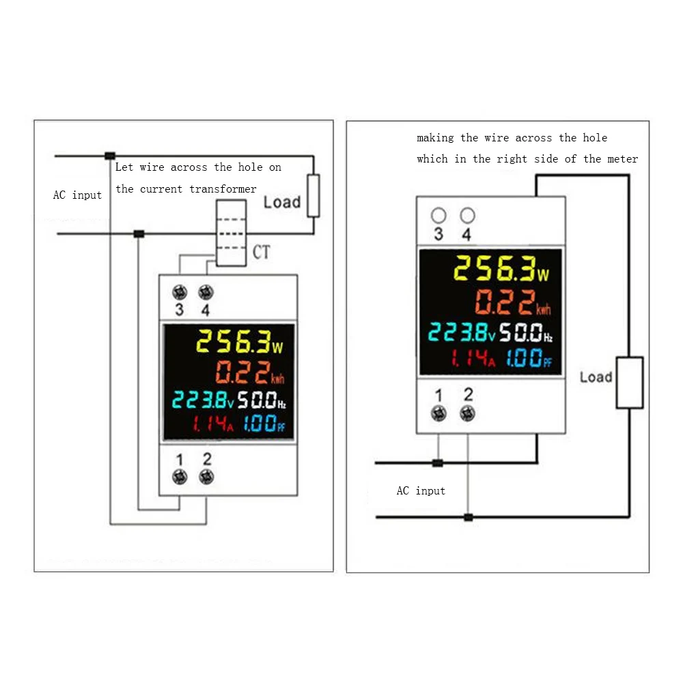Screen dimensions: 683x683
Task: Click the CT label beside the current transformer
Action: (262, 252)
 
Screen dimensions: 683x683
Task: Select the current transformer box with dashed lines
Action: (230, 233)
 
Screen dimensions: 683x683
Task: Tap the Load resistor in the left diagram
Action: (313, 195)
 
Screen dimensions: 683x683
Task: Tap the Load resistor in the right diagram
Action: (629, 382)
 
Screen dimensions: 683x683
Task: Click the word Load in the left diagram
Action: (281, 201)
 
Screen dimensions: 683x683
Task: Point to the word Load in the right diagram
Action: (596, 377)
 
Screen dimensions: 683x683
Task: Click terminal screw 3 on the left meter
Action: (179, 293)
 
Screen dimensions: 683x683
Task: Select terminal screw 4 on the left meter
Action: (204, 293)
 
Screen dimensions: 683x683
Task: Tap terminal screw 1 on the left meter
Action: (180, 477)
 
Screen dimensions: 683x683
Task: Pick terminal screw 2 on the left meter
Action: (205, 477)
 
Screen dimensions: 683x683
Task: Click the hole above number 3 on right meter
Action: (438, 216)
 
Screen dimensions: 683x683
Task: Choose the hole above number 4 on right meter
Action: (467, 216)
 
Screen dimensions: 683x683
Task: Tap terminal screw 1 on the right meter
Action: (438, 412)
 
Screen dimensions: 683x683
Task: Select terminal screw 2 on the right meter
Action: (467, 412)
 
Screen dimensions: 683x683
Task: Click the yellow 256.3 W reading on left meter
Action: (239, 341)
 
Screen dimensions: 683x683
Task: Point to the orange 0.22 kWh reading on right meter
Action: (512, 301)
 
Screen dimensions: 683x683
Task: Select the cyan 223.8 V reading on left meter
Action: (202, 399)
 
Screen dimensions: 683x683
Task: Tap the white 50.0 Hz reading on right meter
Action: (525, 333)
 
